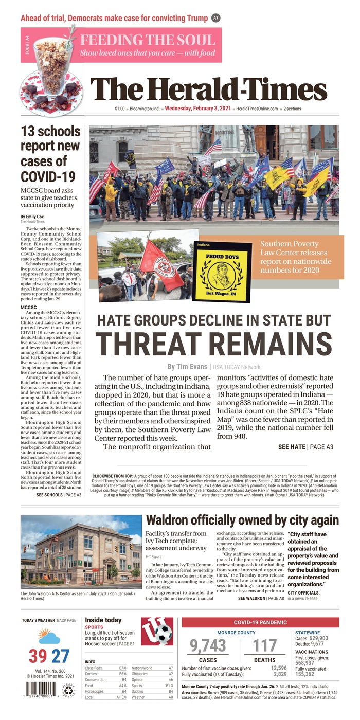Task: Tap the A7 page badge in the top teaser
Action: [216, 18]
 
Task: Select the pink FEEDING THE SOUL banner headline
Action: [147, 40]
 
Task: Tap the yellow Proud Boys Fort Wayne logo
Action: [222, 272]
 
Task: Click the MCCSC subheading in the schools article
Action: [29, 307]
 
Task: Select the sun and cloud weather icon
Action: [48, 637]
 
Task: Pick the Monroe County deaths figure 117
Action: [265, 645]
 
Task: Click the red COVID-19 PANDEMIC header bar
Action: [260, 622]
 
